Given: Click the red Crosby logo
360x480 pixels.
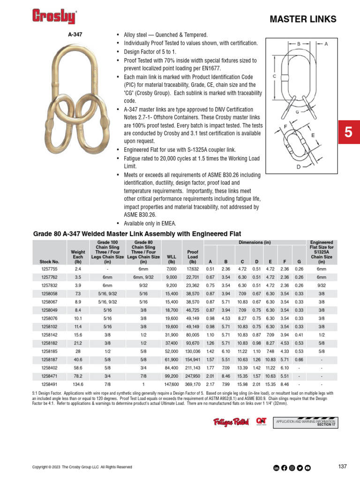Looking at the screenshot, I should coord(54,17).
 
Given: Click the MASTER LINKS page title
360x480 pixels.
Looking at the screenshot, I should coord(303,19).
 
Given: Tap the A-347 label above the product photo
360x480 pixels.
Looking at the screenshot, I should coord(75,35).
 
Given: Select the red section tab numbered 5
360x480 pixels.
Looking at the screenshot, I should coord(348,133).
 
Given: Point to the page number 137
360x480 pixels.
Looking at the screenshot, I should coord(342,466).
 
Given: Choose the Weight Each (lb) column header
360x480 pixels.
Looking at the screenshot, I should coord(78,257).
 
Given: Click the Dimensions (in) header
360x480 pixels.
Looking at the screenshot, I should coord(255,242).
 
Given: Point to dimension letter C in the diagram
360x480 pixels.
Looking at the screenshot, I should coord(274,75).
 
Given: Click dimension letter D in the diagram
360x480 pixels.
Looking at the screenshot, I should coord(298,166).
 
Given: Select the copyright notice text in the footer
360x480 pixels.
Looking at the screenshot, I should coord(82,467).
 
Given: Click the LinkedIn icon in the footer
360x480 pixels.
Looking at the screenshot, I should coord(277,467).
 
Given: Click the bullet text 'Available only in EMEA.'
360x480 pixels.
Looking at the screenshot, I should coord(150,223).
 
